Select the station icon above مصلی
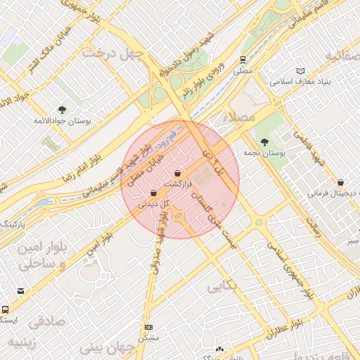tap(243, 60)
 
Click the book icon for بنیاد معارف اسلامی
tap(301, 71)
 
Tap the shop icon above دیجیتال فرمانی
tap(341, 181)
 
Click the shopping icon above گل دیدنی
tap(154, 193)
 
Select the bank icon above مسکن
tap(148, 328)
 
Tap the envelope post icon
tap(20, 291)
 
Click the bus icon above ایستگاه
tap(6, 309)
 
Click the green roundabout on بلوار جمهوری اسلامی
tap(259, 222)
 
